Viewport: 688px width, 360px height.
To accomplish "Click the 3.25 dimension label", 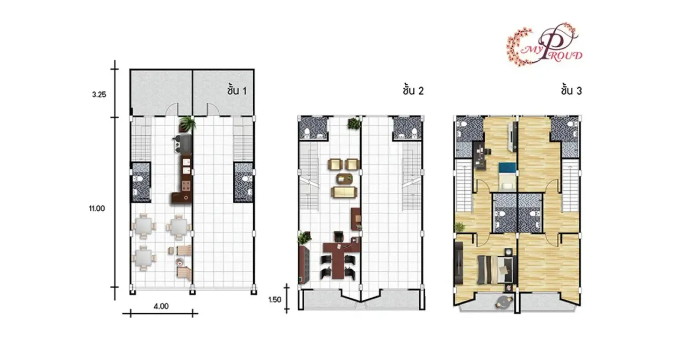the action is tap(99, 95).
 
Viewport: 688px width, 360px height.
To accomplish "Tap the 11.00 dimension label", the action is tap(97, 208).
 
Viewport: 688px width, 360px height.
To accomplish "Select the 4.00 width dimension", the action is tap(161, 306).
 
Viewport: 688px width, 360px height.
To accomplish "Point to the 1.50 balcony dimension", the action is tap(275, 299).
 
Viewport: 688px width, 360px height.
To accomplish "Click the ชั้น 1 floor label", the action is tap(237, 90).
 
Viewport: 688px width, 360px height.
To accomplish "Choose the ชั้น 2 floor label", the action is tap(413, 90).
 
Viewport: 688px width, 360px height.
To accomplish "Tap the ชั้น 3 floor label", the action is tap(571, 90).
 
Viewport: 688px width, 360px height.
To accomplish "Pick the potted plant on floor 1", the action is tap(187, 124).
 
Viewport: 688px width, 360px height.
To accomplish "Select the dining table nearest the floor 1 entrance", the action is tap(144, 257).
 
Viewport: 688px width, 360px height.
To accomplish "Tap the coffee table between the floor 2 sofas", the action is tap(345, 178).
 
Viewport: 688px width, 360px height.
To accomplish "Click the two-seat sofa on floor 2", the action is tap(344, 192).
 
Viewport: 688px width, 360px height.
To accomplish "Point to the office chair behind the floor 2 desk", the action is tap(338, 236).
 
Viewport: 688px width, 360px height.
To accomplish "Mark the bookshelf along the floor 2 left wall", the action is tap(304, 264).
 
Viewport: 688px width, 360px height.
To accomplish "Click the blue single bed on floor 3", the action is tap(507, 176).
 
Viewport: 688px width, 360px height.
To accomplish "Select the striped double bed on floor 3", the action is tap(494, 270).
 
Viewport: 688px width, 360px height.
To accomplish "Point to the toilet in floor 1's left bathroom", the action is tap(139, 178).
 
